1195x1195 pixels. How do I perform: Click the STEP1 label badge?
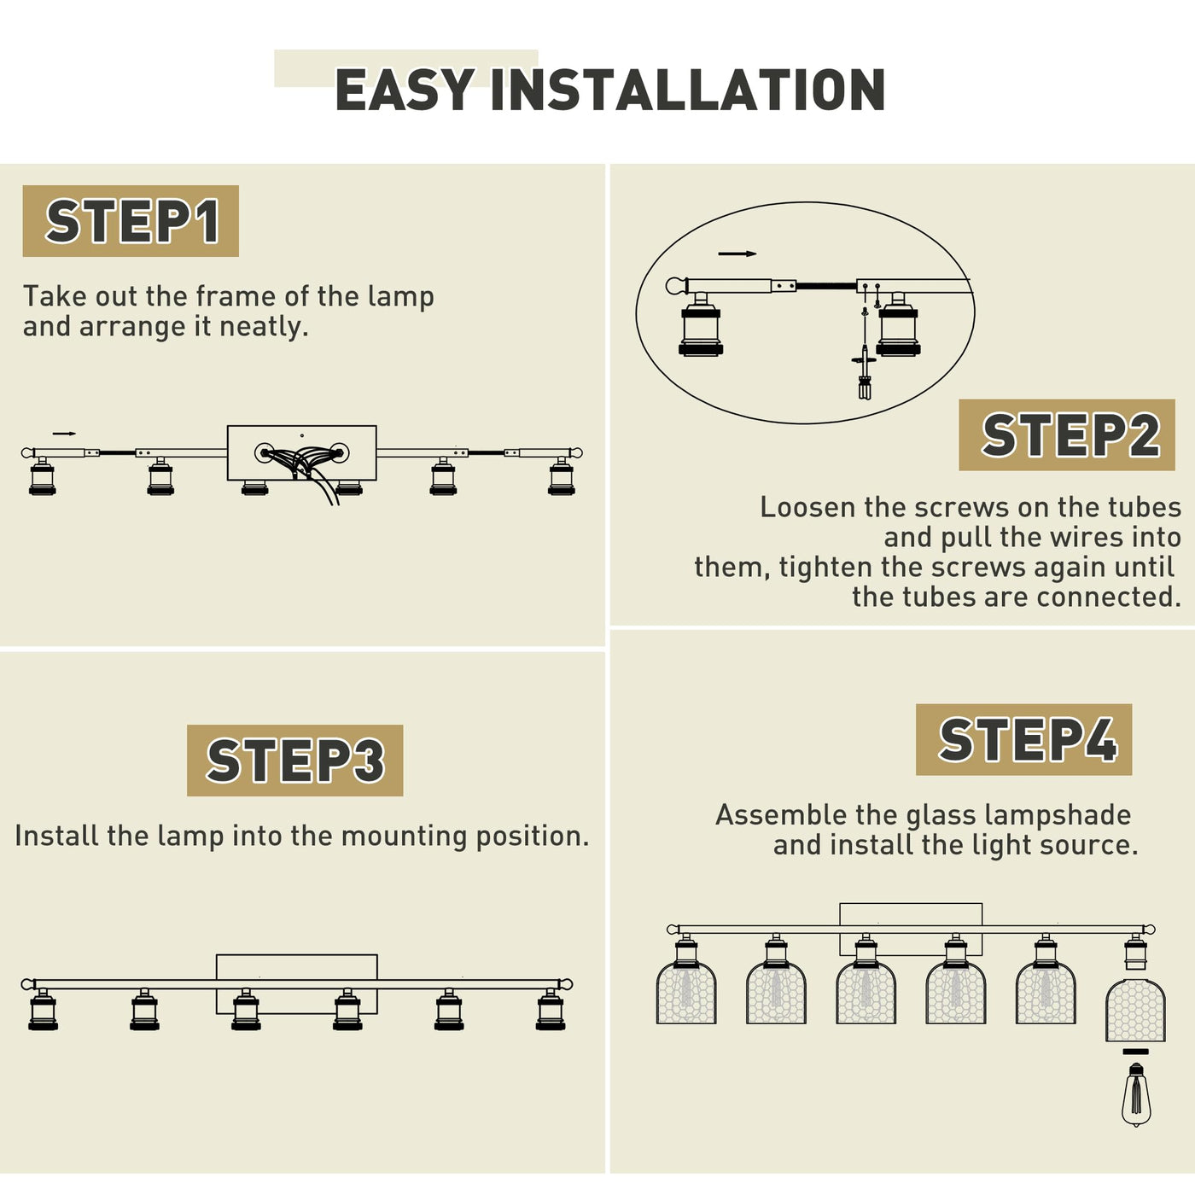tap(131, 221)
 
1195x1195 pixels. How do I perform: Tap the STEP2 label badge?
tap(1067, 434)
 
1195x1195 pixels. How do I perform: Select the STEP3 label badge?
tap(295, 761)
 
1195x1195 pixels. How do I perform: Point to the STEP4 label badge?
tap(1023, 739)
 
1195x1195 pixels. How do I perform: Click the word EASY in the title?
tap(405, 90)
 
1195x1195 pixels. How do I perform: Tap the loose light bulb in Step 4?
tap(1135, 1112)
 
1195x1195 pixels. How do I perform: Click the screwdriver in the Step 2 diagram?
tap(865, 365)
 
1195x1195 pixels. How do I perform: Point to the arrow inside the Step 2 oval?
tap(737, 254)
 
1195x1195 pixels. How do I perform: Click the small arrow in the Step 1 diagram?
tap(64, 434)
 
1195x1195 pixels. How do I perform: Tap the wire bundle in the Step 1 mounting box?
tap(304, 469)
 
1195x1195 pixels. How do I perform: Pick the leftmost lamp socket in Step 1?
tap(42, 476)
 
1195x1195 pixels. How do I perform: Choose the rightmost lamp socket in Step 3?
tap(551, 1010)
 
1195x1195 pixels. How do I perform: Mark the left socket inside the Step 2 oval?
tap(701, 324)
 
